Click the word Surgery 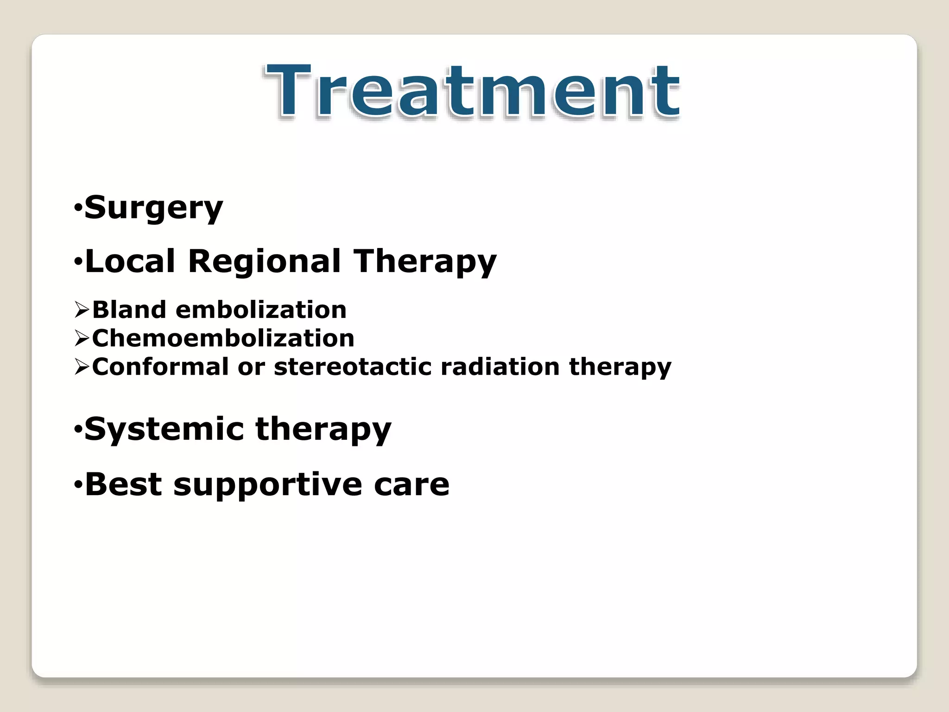(154, 208)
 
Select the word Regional (265, 262)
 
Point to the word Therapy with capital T (425, 262)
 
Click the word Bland (129, 310)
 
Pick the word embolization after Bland (261, 310)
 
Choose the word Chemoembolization (223, 338)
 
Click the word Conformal (160, 367)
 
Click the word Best (124, 484)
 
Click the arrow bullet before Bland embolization (82, 310)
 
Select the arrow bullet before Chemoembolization (82, 339)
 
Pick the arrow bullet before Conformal (82, 368)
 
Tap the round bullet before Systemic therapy (78, 429)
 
